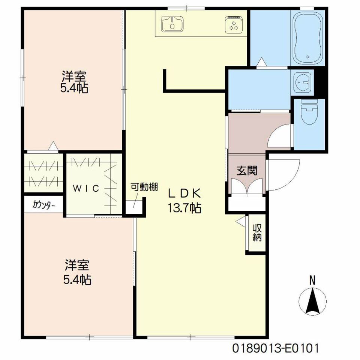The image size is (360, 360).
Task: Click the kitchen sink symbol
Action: click(172, 24)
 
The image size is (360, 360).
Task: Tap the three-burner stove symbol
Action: click(234, 24)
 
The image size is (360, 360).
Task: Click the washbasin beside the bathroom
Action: click(303, 82)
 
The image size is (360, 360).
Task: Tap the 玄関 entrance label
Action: click(247, 171)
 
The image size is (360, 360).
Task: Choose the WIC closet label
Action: click(86, 189)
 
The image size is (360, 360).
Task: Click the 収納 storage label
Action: click(257, 232)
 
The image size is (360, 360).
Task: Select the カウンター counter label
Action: click(43, 204)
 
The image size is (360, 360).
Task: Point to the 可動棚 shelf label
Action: click(144, 187)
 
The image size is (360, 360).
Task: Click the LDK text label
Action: click(184, 194)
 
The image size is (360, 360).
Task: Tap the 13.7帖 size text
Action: click(184, 208)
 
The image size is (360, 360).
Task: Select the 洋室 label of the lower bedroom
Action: click(77, 265)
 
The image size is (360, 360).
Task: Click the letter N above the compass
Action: click(312, 280)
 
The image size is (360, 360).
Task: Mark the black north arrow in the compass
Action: click(312, 301)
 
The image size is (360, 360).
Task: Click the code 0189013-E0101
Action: click(276, 348)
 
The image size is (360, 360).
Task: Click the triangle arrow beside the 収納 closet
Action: click(241, 221)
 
